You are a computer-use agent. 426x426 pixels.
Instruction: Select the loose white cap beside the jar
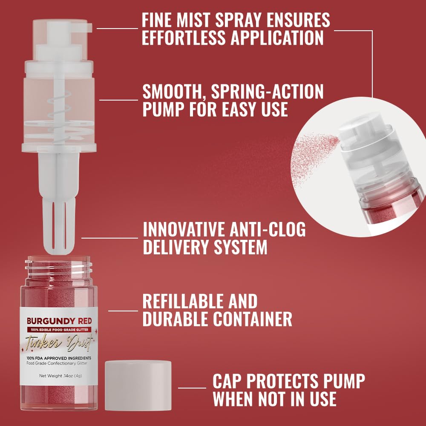click(x=138, y=386)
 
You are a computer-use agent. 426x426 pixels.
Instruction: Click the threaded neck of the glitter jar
click(x=59, y=266)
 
